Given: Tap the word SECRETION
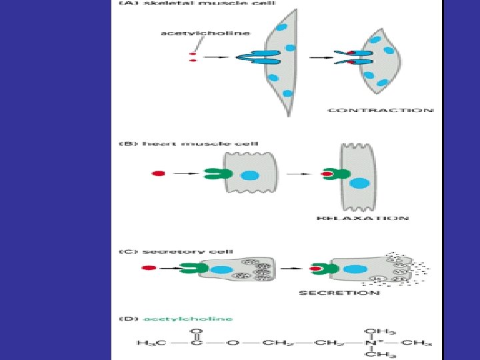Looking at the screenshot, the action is point(339,293).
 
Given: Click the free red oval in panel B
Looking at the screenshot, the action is point(158,173).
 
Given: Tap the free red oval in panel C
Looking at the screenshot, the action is point(149,268).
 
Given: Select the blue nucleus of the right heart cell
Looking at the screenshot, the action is point(359,183).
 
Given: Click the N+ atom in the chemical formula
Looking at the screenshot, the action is point(371,343).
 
